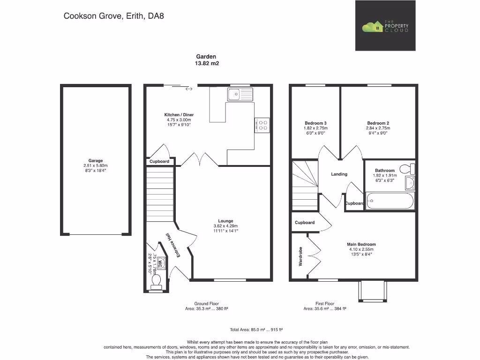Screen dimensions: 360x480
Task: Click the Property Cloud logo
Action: point(385,26)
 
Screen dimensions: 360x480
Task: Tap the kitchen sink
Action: point(240,94)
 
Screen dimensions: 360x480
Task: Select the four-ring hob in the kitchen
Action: point(262,125)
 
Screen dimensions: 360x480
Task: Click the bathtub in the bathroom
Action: point(390,202)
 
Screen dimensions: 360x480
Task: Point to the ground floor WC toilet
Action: point(156,280)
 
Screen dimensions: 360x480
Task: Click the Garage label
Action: point(96,161)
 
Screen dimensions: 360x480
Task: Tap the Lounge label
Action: point(225,221)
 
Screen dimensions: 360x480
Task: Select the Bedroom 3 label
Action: point(315,123)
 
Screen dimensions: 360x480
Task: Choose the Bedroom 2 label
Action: point(378,123)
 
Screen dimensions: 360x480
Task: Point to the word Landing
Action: point(339,174)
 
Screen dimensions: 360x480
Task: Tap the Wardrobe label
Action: point(300,256)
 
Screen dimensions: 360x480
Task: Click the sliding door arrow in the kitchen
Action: point(189,89)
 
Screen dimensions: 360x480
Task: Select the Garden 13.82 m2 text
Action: point(206,60)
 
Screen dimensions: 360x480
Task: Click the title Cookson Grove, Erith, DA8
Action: point(113,16)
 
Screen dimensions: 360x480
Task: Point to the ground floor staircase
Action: point(160,192)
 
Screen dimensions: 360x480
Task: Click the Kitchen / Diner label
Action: point(179,115)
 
